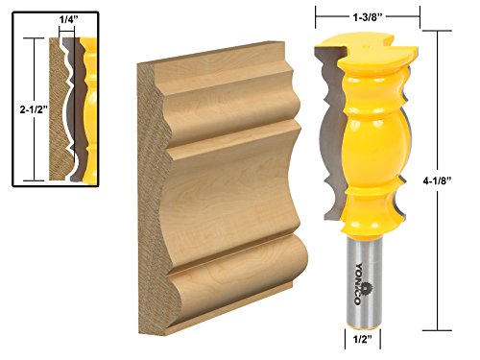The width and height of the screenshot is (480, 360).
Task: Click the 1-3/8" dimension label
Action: (x=368, y=17)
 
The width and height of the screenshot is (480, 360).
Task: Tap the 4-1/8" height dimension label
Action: (x=437, y=180)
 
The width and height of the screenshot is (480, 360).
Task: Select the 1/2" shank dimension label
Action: (x=362, y=339)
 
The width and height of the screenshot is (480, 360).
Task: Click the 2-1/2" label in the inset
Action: (x=34, y=109)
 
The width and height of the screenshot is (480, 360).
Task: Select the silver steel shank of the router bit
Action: (x=365, y=282)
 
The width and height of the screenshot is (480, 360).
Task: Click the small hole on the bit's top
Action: (x=366, y=46)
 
